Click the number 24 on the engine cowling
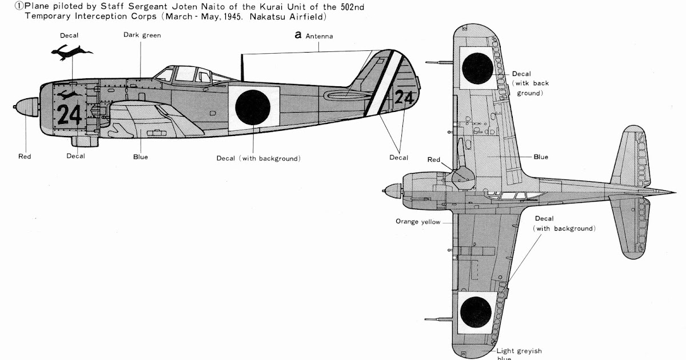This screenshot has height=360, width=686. [69, 114]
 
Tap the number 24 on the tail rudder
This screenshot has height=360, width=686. [404, 98]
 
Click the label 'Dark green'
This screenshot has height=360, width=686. [142, 35]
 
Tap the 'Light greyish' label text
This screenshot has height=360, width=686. [519, 351]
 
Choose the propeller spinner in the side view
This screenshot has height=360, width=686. [25, 106]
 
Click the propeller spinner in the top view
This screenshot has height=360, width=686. [393, 189]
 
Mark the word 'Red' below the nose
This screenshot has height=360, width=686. [25, 157]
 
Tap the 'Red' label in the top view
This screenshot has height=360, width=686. [434, 160]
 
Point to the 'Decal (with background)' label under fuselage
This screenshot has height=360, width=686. [258, 158]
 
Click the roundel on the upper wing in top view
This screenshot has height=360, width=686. [477, 67]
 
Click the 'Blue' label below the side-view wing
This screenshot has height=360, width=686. [140, 157]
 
